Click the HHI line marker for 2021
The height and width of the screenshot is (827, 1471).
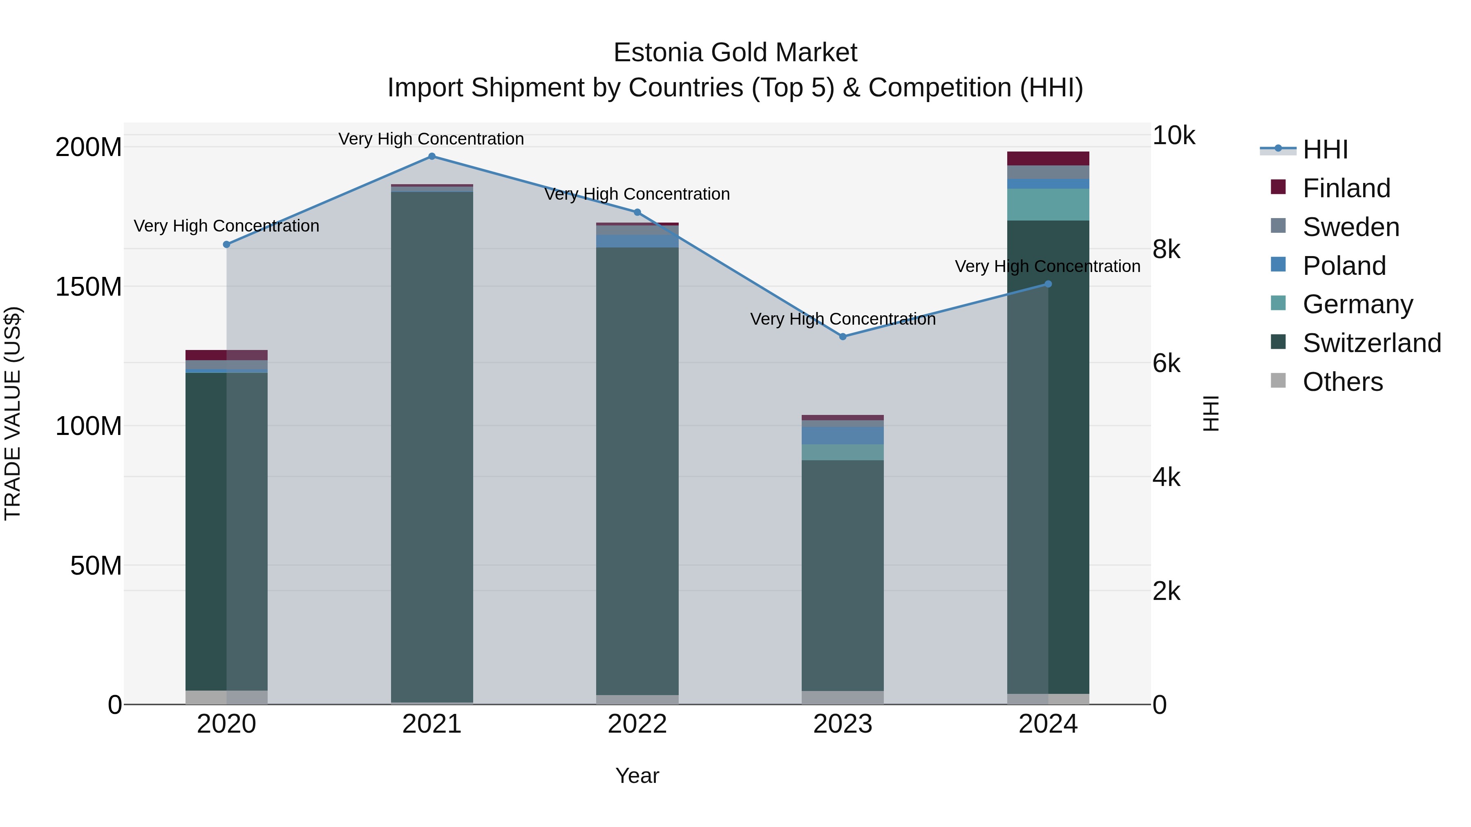[x=432, y=156]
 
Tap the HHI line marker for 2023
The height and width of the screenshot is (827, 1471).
[x=843, y=337]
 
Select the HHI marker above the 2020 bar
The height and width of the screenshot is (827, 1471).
[x=227, y=244]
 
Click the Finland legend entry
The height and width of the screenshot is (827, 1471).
[x=1346, y=188]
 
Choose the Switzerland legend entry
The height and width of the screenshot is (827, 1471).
[x=1371, y=343]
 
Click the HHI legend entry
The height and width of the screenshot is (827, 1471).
[x=1325, y=149]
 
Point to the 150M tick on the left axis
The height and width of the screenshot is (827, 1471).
[x=89, y=287]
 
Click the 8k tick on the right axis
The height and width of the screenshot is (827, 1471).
[x=1166, y=250]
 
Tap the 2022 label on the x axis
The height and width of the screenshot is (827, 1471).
[x=637, y=724]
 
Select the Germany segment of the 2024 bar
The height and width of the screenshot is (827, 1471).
[x=1048, y=204]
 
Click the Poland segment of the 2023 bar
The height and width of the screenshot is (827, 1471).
[x=843, y=435]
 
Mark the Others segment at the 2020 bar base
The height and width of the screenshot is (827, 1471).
[x=227, y=698]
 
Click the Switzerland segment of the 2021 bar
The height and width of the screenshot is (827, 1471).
[x=432, y=445]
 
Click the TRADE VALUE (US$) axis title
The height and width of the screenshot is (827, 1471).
[x=13, y=413]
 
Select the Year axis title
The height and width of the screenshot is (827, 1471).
[x=637, y=776]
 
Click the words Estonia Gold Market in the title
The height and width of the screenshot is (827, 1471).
[x=735, y=53]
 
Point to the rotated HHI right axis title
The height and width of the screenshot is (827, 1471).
[x=1211, y=413]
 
